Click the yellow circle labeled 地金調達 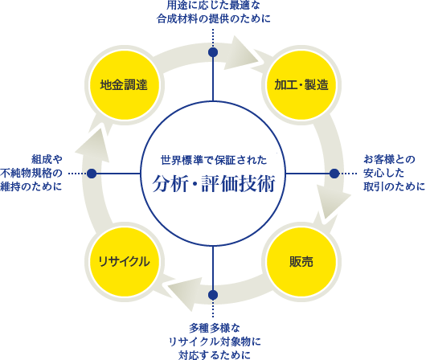124,85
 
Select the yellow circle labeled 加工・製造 301,85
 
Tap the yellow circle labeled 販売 301,262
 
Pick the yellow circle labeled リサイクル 124,262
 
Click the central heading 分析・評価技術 214,183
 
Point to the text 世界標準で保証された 214,160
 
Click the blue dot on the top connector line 213,52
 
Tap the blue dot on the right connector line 334,174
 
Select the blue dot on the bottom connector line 213,295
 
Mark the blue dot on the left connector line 92,174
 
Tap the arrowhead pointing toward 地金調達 95,144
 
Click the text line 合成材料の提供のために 214,18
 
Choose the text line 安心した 383,173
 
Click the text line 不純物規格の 31,173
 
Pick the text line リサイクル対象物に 215,342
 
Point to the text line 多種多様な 215,328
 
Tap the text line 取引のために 394,186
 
